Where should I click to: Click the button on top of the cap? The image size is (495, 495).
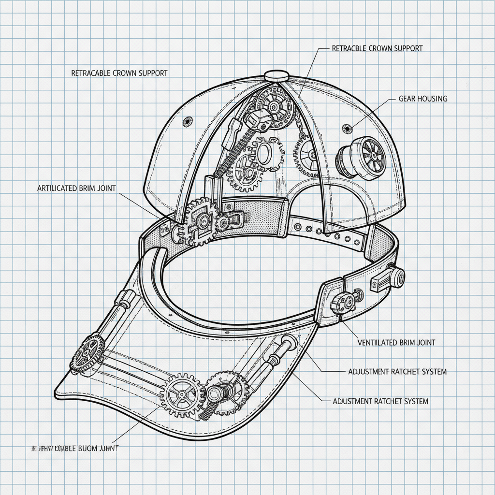pos(277,74)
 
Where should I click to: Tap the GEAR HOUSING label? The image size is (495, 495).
pos(423,99)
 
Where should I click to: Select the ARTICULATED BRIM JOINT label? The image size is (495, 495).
pos(76,188)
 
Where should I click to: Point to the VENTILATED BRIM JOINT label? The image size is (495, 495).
pos(396,342)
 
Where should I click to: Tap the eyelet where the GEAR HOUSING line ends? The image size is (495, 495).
pos(346,128)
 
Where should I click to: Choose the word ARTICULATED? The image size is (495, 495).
pos(57,188)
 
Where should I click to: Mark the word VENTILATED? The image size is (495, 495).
pos(378,342)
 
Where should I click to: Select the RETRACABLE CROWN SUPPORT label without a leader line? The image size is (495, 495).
pos(119,73)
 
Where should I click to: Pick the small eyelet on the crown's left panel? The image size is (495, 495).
pos(186,121)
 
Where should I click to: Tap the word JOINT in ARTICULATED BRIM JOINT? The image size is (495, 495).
pos(105,188)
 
